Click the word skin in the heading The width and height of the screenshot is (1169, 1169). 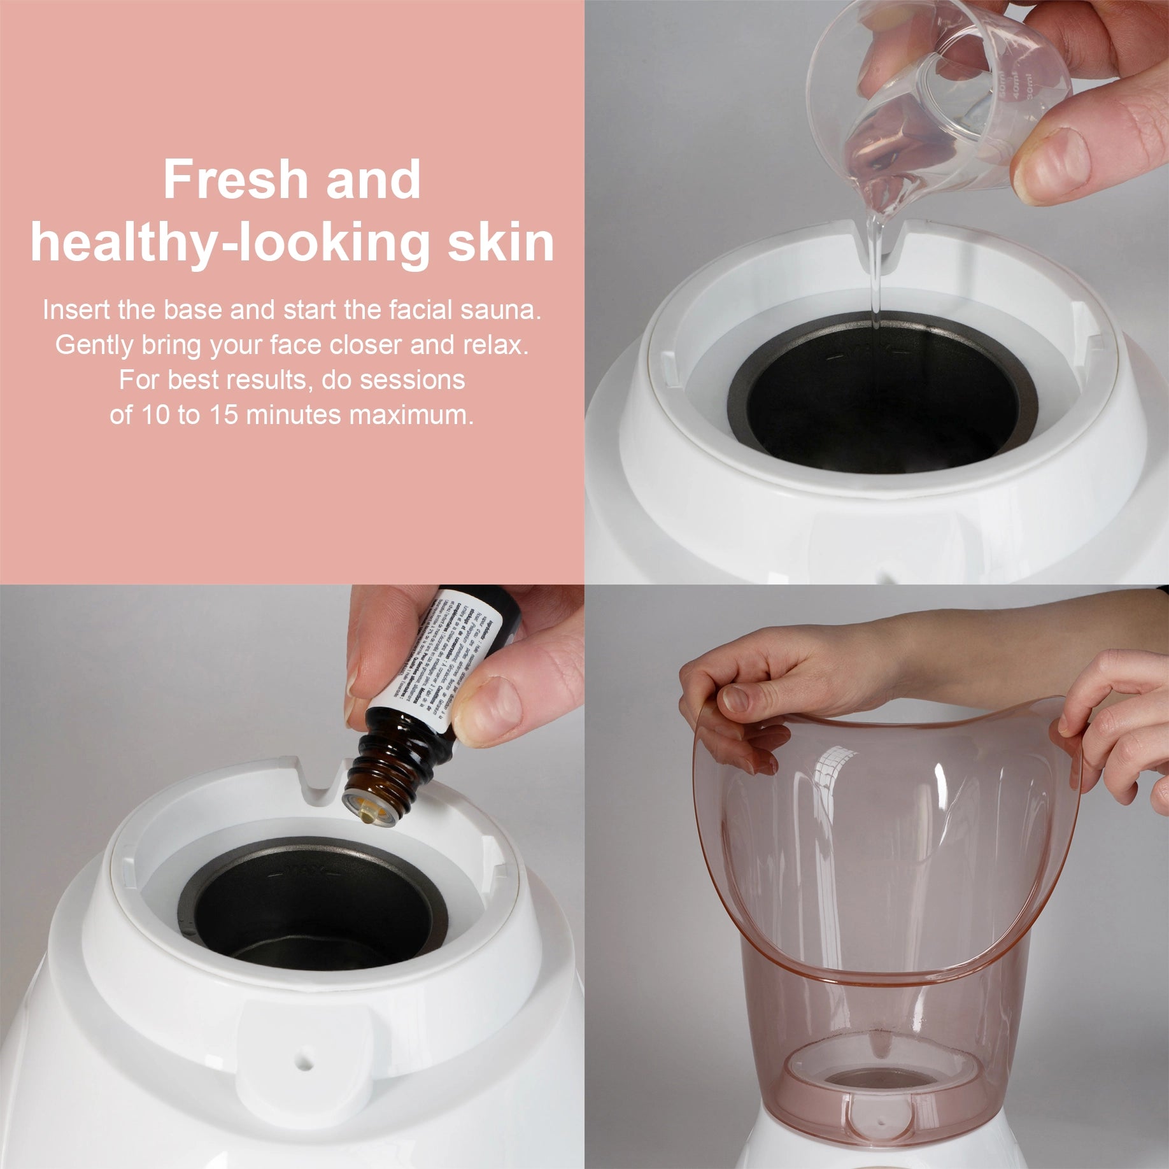click(500, 243)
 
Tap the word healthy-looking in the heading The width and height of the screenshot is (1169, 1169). click(229, 244)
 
